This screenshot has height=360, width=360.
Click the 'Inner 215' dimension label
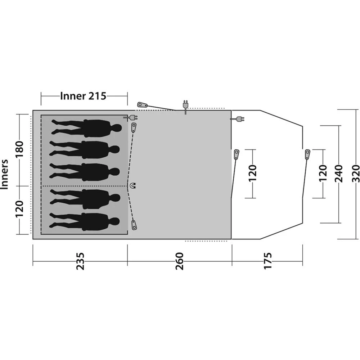[x=83, y=96]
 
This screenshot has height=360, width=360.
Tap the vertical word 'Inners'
[x=6, y=174]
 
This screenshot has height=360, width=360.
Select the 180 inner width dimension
[x=19, y=148]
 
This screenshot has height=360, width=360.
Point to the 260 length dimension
[x=179, y=261]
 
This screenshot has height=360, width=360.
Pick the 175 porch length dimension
[x=267, y=261]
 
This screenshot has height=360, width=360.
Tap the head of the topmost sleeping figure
[x=116, y=128]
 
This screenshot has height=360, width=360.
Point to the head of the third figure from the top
[x=115, y=171]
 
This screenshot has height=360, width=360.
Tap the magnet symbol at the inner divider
[x=133, y=186]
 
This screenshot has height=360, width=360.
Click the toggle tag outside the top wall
[x=142, y=105]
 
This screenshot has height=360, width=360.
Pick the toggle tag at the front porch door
[x=307, y=154]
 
